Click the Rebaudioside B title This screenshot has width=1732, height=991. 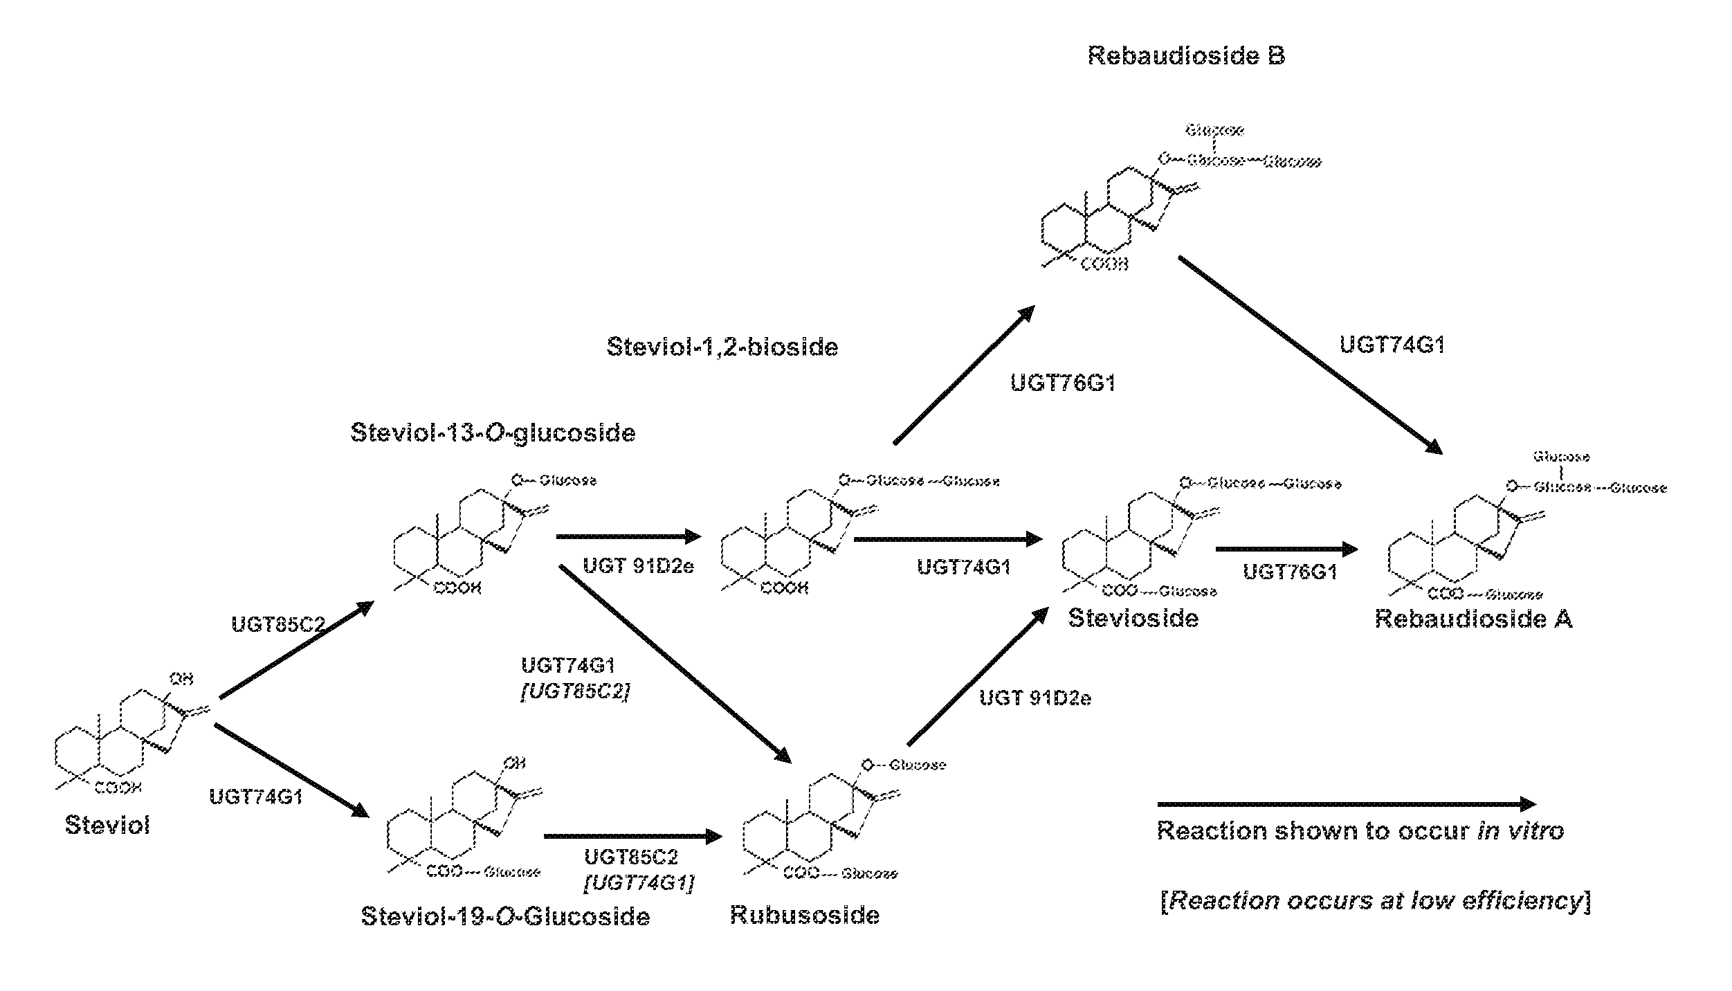(x=1186, y=55)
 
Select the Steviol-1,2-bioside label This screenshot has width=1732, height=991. (x=722, y=347)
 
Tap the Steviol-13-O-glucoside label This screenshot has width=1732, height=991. (x=493, y=433)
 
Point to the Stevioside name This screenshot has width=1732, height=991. (x=1133, y=617)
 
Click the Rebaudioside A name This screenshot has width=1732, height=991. (x=1473, y=619)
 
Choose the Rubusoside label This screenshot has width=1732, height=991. (x=805, y=915)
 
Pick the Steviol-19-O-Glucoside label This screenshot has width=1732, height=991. (x=505, y=916)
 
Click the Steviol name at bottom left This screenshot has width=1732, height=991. (x=107, y=825)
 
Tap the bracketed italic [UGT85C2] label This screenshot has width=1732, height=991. (x=574, y=693)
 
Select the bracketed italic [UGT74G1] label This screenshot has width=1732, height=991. (x=639, y=883)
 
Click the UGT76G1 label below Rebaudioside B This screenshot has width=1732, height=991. (x=1062, y=383)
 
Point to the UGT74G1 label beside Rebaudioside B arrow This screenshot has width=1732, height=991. (x=1392, y=345)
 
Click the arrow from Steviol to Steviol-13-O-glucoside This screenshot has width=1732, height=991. (x=296, y=650)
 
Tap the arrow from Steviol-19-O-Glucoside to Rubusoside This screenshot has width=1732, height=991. (x=632, y=837)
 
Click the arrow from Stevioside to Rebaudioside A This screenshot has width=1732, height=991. (x=1286, y=549)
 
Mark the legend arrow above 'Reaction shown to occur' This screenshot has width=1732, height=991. (x=1346, y=804)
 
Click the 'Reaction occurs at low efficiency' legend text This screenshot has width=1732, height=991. (x=1374, y=901)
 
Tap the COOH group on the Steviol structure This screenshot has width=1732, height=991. (x=118, y=787)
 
